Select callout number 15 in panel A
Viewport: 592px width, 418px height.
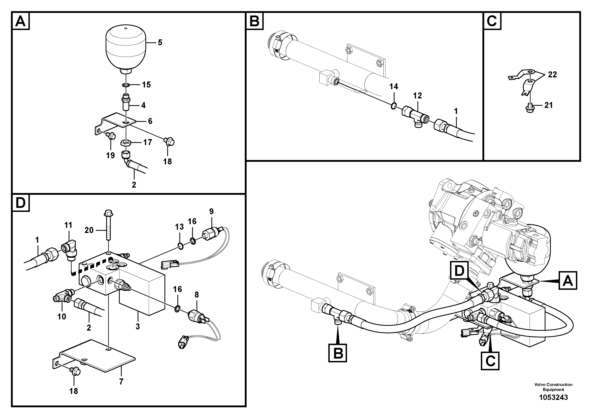pos(146,84)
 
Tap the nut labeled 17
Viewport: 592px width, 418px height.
pos(126,143)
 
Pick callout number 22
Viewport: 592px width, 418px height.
pos(552,75)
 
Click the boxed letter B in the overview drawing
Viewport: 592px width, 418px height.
pos(338,353)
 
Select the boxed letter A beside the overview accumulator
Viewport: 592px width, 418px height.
pos(568,281)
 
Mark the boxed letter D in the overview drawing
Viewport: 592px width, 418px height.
pos(459,271)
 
